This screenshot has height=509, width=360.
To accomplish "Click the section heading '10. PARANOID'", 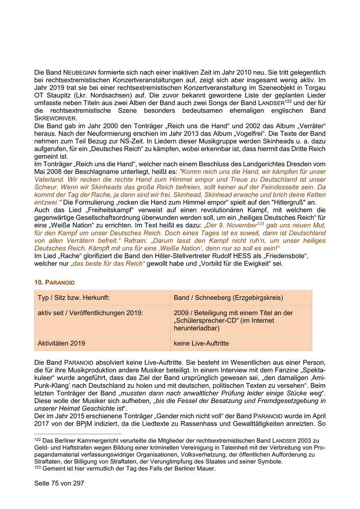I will click(x=54, y=282).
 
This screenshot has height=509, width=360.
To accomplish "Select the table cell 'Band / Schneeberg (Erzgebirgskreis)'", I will click(x=228, y=298).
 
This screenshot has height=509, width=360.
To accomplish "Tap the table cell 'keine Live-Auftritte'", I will click(x=201, y=343).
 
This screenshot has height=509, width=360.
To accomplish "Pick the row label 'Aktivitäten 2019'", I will click(x=61, y=343).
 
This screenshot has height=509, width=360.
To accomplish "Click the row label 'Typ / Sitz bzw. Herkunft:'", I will click(x=74, y=298).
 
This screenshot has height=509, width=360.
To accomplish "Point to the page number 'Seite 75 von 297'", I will click(x=59, y=483).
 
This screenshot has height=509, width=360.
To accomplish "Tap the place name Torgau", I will click(x=315, y=88).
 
